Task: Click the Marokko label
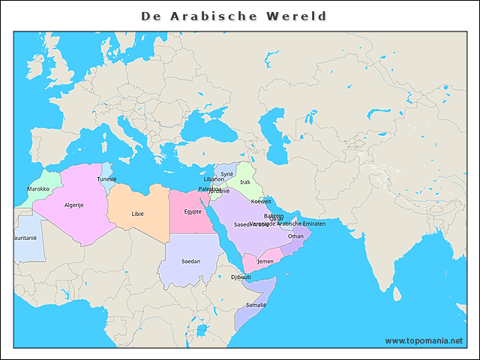(38, 189)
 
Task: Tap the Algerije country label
(73, 205)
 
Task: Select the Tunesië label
(106, 179)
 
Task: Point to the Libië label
(137, 214)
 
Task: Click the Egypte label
(193, 211)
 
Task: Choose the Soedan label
(191, 261)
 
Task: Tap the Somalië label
(256, 305)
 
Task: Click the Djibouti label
(241, 277)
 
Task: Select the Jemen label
(265, 261)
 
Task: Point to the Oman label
(296, 235)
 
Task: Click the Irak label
(245, 181)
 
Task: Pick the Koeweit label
(261, 201)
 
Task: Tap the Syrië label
(227, 173)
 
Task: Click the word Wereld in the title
(294, 16)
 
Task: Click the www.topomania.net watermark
(424, 340)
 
